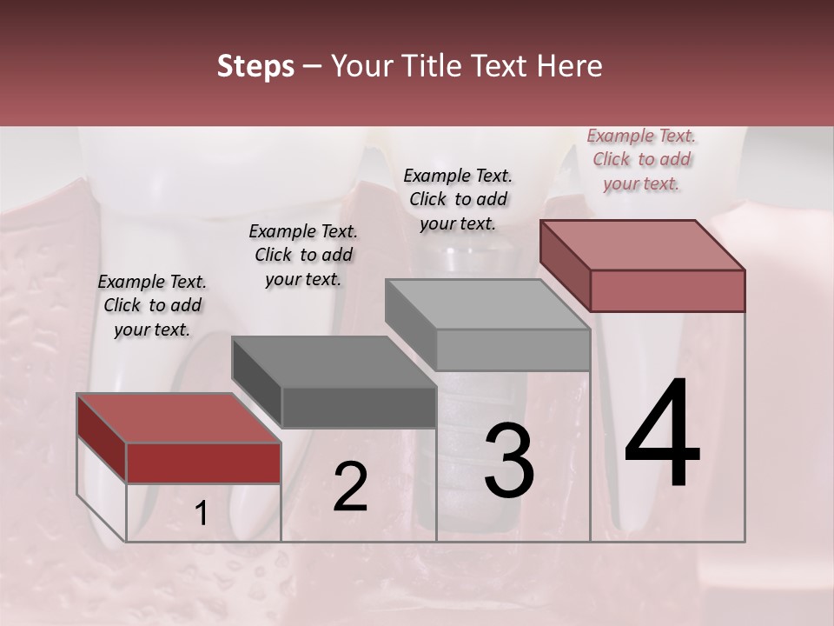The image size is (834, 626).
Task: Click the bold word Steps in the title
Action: click(255, 66)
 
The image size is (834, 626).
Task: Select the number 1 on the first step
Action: click(201, 514)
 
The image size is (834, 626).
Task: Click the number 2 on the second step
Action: click(350, 487)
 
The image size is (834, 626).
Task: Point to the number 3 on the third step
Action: click(509, 461)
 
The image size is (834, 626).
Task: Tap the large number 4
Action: click(662, 435)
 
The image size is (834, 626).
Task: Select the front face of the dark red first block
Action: click(203, 463)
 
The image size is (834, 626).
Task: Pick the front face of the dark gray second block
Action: click(359, 407)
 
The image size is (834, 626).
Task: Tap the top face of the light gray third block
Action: click(487, 304)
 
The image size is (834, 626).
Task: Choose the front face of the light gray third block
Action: click(513, 350)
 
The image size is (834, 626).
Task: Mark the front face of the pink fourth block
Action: click(667, 290)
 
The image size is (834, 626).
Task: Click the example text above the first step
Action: click(152, 305)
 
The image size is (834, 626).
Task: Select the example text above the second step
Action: click(303, 255)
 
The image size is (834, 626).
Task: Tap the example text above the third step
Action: click(458, 199)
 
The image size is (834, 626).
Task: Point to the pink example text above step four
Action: click(641, 159)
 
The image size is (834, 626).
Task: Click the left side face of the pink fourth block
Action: click(565, 261)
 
